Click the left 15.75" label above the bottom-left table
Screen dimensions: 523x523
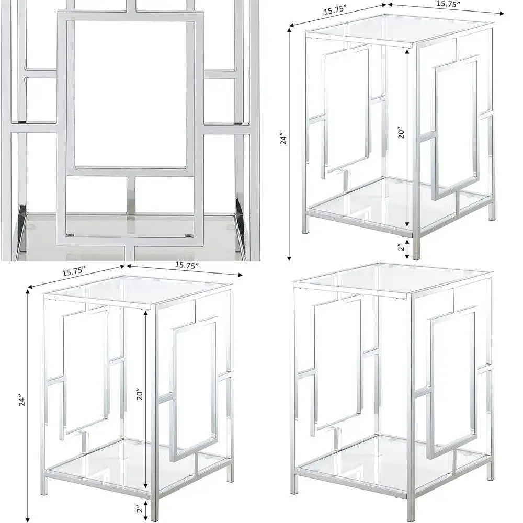click(73, 272)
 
